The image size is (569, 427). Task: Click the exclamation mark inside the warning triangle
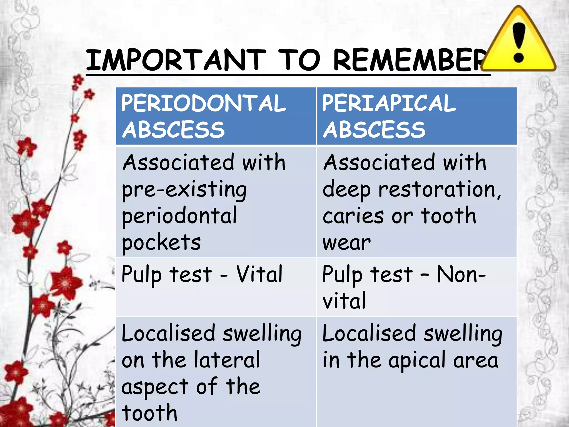[x=518, y=42]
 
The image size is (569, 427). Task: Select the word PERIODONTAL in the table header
[x=203, y=103]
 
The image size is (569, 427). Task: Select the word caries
[x=353, y=216]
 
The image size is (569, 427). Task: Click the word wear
[x=346, y=243]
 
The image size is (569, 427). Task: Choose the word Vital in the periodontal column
[x=259, y=274]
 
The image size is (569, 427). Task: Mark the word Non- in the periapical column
[x=461, y=274]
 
